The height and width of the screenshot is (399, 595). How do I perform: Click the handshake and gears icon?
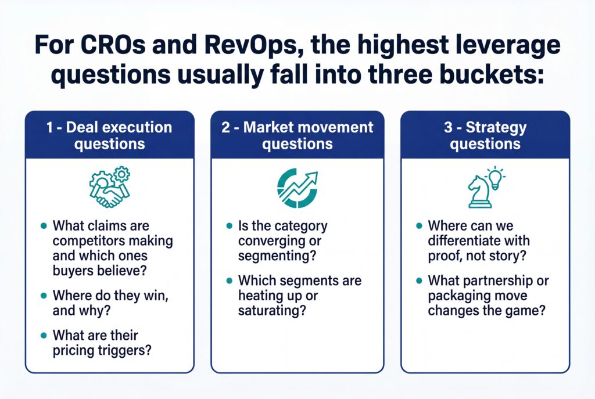[x=110, y=186]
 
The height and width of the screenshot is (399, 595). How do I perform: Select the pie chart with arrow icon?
[x=297, y=187]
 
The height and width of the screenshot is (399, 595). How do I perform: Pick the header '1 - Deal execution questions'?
[x=110, y=135]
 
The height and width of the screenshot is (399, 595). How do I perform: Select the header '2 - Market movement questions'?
[x=297, y=135]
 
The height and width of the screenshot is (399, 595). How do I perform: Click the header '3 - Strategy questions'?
[x=485, y=135]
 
